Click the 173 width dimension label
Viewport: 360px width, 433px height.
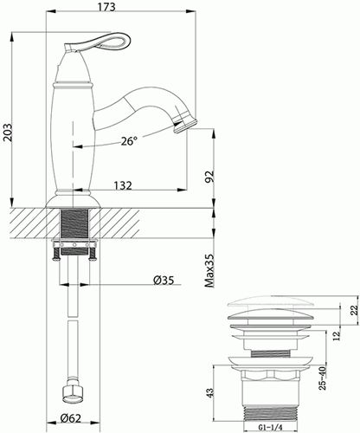pyautogui.click(x=106, y=7)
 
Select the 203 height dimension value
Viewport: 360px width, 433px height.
pyautogui.click(x=7, y=132)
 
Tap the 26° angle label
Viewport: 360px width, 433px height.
pyautogui.click(x=129, y=141)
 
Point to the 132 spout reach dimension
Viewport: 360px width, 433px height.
pyautogui.click(x=123, y=185)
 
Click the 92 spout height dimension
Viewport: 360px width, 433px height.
pyautogui.click(x=209, y=177)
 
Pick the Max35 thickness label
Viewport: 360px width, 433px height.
pyautogui.click(x=209, y=270)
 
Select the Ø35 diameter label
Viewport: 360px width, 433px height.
pyautogui.click(x=164, y=280)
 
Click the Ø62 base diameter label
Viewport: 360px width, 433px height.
pyautogui.click(x=71, y=418)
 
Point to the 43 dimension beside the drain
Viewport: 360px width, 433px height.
pyautogui.click(x=210, y=393)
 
